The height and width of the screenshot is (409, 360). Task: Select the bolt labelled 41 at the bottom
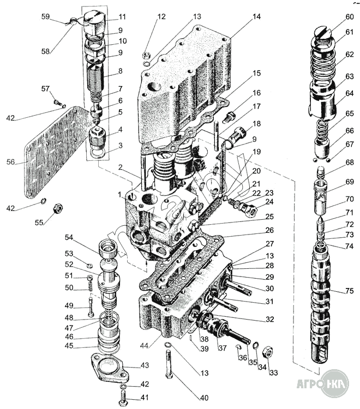point(123,398)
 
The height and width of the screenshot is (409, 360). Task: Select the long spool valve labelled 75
point(321,305)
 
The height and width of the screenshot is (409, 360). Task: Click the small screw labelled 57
point(56,100)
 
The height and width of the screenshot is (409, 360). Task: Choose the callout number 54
point(69,238)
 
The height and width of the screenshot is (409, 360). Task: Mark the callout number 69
point(350,182)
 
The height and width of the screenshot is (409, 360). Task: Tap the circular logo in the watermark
point(334,383)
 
